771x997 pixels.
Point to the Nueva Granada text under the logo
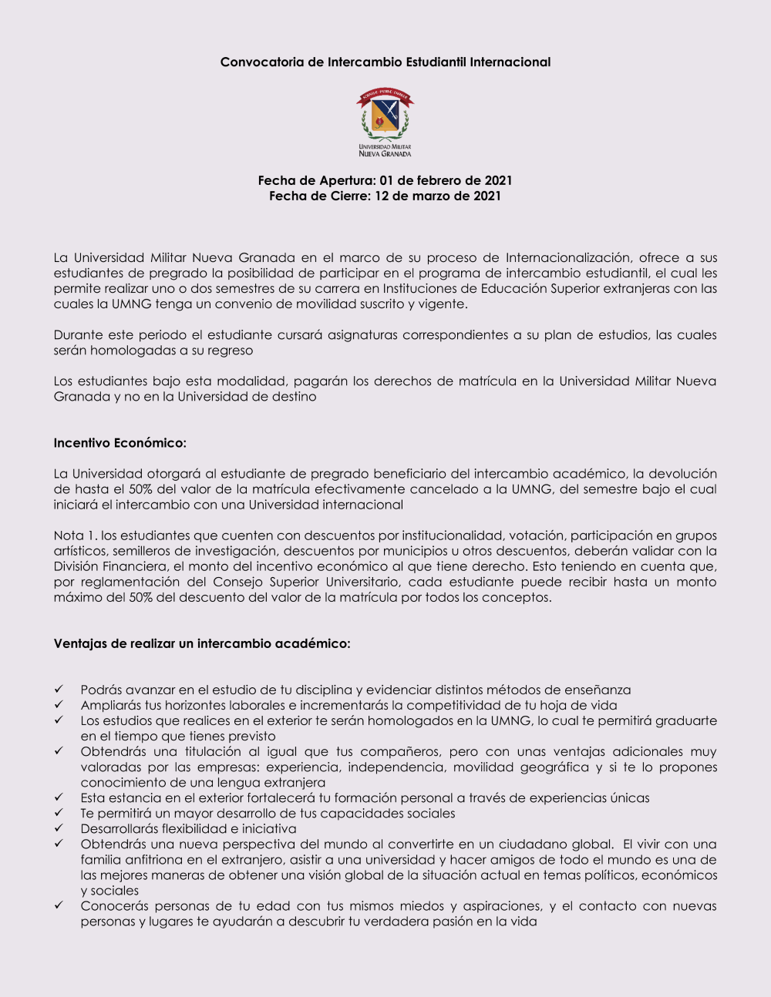coord(385,154)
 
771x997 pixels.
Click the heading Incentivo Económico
coord(120,443)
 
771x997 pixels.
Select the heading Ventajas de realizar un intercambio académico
coord(201,643)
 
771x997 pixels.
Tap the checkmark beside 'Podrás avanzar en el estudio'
coord(59,690)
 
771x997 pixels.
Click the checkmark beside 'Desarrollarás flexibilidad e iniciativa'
coord(59,828)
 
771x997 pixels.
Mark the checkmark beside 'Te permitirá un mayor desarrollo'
coord(59,813)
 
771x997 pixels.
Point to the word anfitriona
coord(153,860)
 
